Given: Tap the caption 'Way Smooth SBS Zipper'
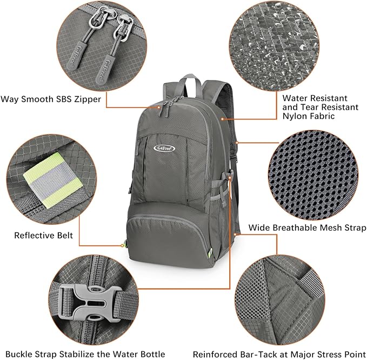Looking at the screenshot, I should click(51, 99).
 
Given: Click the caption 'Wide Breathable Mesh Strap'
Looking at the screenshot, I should click(307, 228).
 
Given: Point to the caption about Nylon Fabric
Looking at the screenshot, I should click(320, 107).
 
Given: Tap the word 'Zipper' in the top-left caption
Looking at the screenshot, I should click(88, 99).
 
